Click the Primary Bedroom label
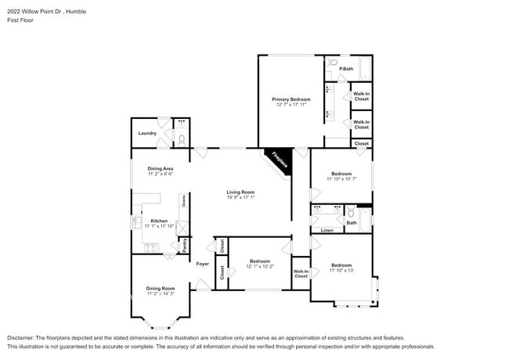click(x=291, y=99)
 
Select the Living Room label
click(x=241, y=192)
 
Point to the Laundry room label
click(x=147, y=133)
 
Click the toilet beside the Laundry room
click(x=182, y=139)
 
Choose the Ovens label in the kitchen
click(x=183, y=202)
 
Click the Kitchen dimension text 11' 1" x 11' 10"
click(x=160, y=227)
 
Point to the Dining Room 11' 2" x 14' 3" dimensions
click(x=160, y=293)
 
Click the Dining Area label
click(x=160, y=168)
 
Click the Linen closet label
click(x=327, y=230)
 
